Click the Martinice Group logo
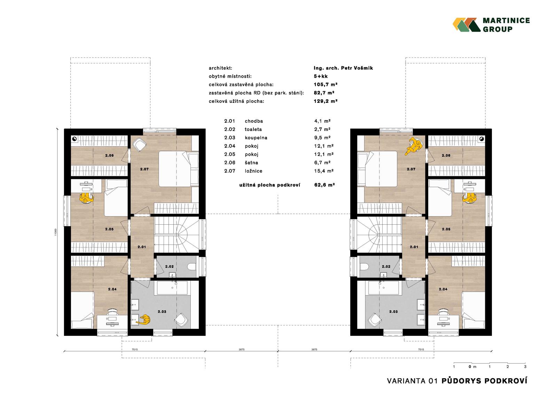491,25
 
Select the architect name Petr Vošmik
357,68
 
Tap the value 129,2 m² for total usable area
325,101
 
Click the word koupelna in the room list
256,138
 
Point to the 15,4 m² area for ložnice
323,171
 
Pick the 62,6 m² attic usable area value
324,185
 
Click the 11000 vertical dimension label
56,232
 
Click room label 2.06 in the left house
109,155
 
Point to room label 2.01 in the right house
414,247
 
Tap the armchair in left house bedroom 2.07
139,144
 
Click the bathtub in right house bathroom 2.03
383,288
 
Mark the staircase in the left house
176,235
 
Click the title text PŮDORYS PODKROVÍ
484,381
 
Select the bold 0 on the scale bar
470,366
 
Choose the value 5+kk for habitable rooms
321,76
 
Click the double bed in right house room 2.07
377,169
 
